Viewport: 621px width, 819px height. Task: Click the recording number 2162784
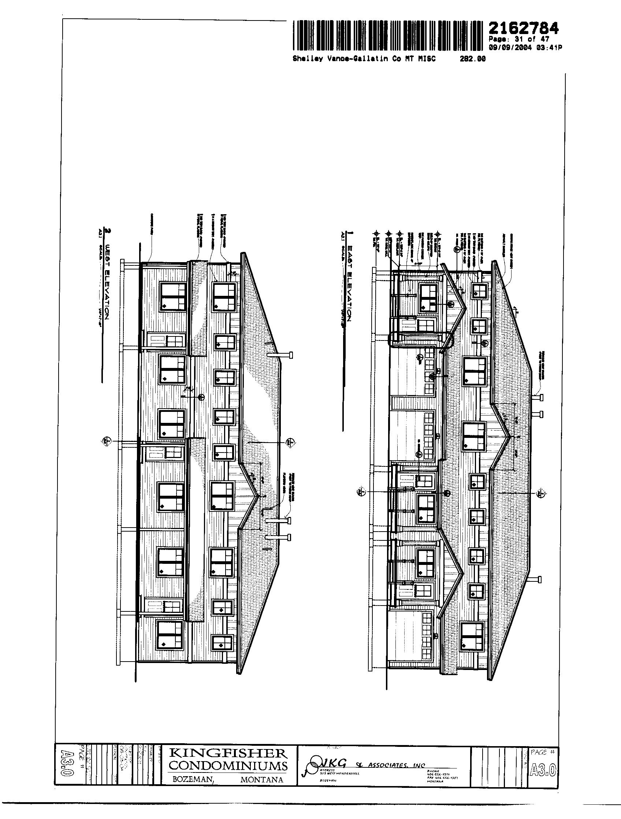tap(523, 28)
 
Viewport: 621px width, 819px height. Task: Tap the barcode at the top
tap(388, 36)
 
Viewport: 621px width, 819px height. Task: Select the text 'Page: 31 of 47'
tap(518, 39)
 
